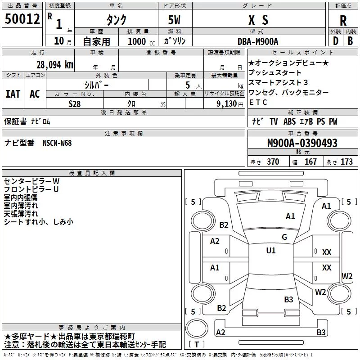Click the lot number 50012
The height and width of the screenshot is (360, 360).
(22, 19)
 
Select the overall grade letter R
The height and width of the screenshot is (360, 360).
(343, 21)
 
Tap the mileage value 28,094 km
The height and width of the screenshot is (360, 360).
(55, 65)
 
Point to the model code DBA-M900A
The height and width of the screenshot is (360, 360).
(258, 41)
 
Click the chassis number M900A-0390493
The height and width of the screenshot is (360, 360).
(302, 143)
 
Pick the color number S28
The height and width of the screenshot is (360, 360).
(75, 104)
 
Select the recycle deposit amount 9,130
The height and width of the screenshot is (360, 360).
(227, 104)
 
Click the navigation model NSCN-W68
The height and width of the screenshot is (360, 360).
(57, 143)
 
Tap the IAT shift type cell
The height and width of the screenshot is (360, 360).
(13, 94)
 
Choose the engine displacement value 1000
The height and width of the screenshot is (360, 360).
(137, 41)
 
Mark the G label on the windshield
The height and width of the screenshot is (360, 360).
(284, 237)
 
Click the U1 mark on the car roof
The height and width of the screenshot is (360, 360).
(271, 250)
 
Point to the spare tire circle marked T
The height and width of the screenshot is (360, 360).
(197, 328)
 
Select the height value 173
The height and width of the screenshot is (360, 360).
(346, 162)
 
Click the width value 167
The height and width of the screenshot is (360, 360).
(310, 162)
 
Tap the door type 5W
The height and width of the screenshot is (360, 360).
(174, 20)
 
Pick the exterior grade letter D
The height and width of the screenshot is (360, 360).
(336, 41)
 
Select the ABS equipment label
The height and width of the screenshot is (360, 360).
(289, 121)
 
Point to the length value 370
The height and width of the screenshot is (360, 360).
(273, 162)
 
